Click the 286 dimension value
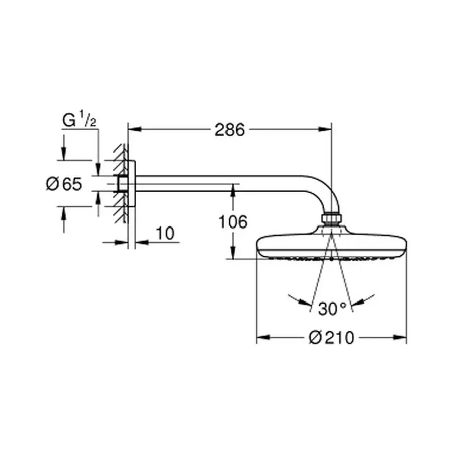(x=230, y=130)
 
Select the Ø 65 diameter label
(x=64, y=184)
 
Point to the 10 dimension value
(x=165, y=233)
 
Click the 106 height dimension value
(x=233, y=222)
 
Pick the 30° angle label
(x=332, y=308)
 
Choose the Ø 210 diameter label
(x=331, y=337)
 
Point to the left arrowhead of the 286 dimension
(x=134, y=129)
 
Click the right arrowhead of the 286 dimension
(x=325, y=129)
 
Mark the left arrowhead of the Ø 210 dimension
(x=263, y=337)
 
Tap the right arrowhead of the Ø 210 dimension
(x=400, y=337)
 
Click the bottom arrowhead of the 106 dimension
(x=233, y=252)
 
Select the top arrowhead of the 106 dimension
(x=233, y=191)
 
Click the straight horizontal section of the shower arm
(x=219, y=183)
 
